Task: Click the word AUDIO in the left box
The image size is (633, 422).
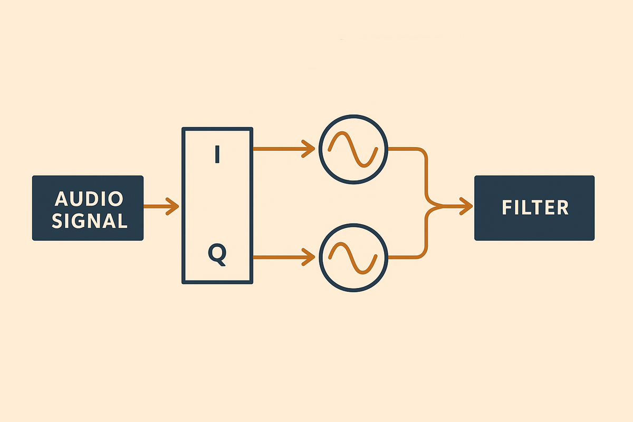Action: pos(89,199)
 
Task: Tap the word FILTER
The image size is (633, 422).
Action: pos(535,208)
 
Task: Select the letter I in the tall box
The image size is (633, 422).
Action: pos(217,155)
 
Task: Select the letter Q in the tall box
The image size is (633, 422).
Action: pos(217,255)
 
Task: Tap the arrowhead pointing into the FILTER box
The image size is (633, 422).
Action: pos(466,207)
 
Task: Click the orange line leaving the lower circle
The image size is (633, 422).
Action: pos(411,258)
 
